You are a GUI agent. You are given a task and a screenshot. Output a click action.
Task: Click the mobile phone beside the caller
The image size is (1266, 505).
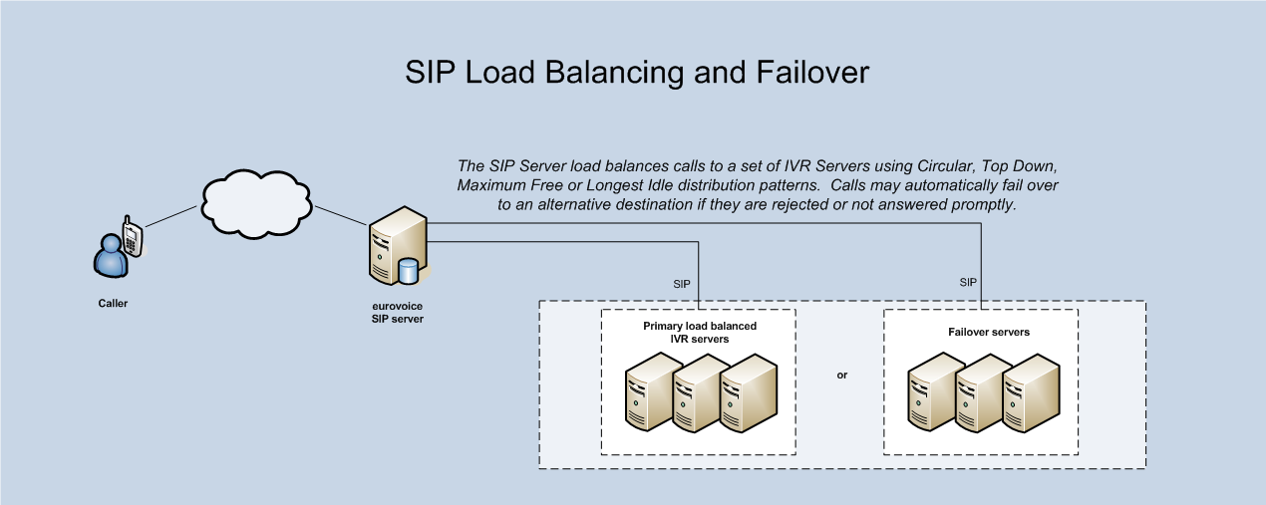click(x=132, y=239)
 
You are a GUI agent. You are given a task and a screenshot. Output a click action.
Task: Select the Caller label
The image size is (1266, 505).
click(x=113, y=303)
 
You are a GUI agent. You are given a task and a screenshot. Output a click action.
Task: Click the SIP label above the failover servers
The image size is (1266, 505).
click(x=968, y=283)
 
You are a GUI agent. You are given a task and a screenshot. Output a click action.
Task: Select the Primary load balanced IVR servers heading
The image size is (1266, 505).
click(x=698, y=333)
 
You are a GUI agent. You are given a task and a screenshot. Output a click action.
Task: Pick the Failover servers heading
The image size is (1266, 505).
click(x=982, y=332)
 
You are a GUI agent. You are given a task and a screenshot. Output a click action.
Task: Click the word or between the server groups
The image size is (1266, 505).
click(x=842, y=376)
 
